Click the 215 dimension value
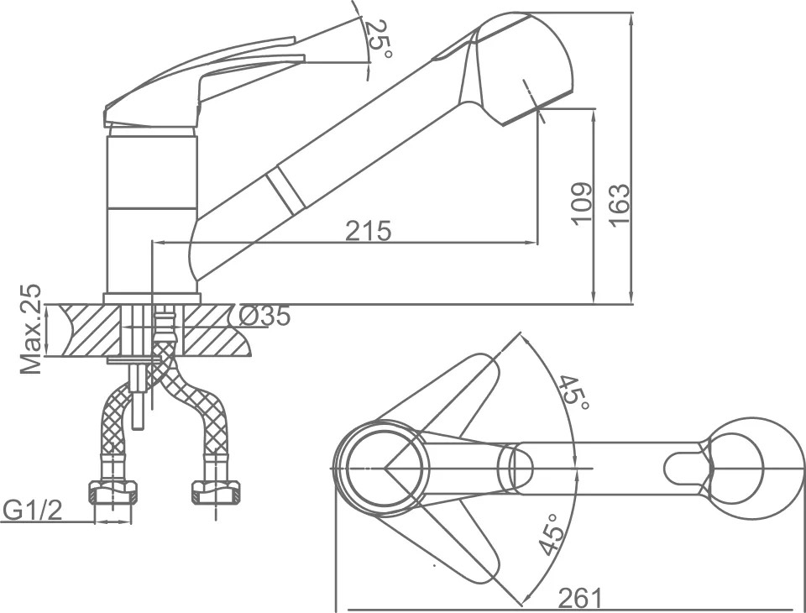pyautogui.click(x=368, y=230)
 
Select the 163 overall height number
pyautogui.click(x=619, y=204)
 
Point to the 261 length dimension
pyautogui.click(x=579, y=598)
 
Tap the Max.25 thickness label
pyautogui.click(x=31, y=328)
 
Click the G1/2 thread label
pyautogui.click(x=33, y=511)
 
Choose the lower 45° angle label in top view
pyautogui.click(x=550, y=534)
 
